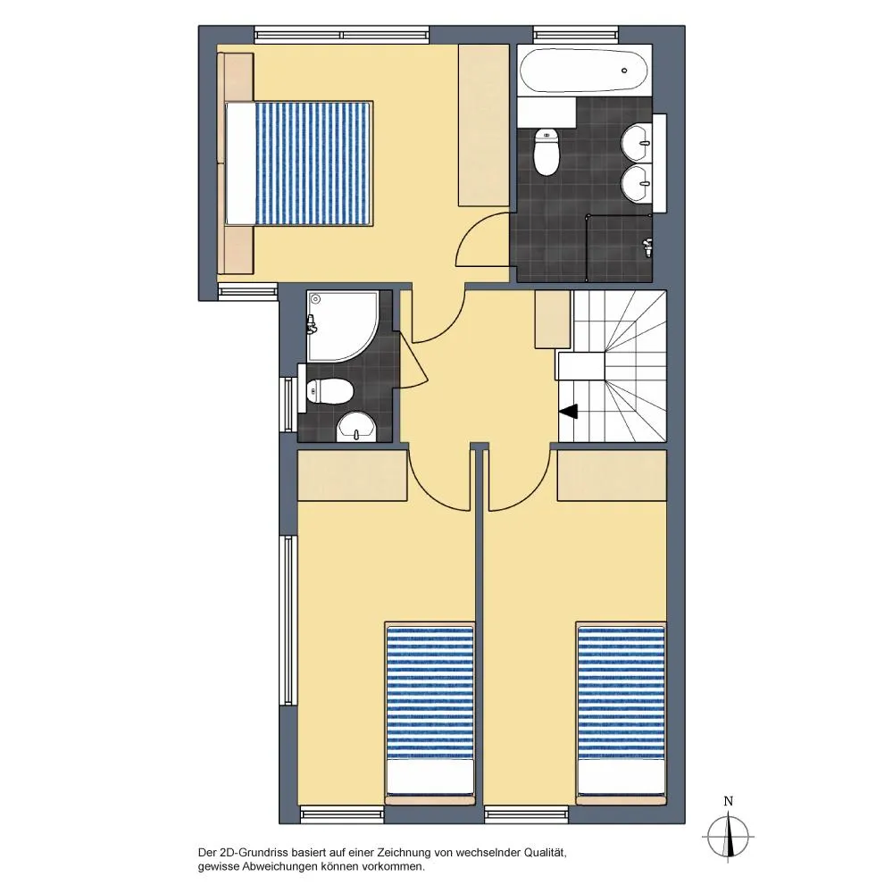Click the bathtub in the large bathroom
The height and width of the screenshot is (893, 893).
pos(584,71)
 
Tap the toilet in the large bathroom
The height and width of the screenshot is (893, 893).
pos(547,152)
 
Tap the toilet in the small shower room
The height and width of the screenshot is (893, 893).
pos(330,391)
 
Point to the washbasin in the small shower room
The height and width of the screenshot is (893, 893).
pos(356,427)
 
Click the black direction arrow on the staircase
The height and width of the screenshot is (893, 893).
pos(569,411)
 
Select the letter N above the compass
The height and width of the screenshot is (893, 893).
pos(728,801)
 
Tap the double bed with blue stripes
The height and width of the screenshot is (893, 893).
pos(299,163)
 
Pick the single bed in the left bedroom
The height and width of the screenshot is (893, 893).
pos(430,713)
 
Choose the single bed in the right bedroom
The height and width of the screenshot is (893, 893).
pos(621,713)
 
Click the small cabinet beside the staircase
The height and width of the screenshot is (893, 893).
pos(553,320)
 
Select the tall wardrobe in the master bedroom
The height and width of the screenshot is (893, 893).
pos(483,125)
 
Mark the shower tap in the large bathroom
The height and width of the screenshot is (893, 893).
pos(647,247)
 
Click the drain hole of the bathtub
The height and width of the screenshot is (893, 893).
pos(624,71)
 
